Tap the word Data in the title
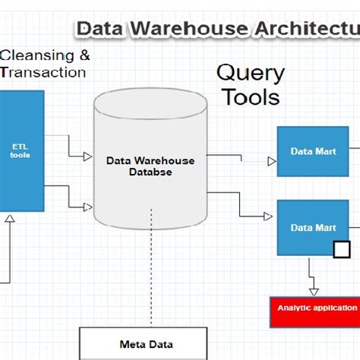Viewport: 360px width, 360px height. click(x=101, y=29)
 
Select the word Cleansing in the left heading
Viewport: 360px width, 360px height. click(x=38, y=55)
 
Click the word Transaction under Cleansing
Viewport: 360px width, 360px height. click(x=43, y=72)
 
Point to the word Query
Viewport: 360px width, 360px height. click(x=251, y=74)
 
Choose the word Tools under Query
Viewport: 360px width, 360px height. click(x=251, y=97)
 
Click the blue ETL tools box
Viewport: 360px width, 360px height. click(x=21, y=150)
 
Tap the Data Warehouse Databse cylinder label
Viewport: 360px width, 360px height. click(x=150, y=166)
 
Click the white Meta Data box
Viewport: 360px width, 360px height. click(x=143, y=343)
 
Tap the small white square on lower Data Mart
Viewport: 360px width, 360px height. click(x=342, y=249)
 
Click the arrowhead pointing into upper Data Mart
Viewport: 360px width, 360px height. click(x=271, y=162)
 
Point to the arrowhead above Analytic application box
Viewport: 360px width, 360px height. click(x=314, y=291)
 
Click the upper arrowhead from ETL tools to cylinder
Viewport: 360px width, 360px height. click(x=87, y=156)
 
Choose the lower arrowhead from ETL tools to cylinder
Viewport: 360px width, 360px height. click(x=87, y=207)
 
